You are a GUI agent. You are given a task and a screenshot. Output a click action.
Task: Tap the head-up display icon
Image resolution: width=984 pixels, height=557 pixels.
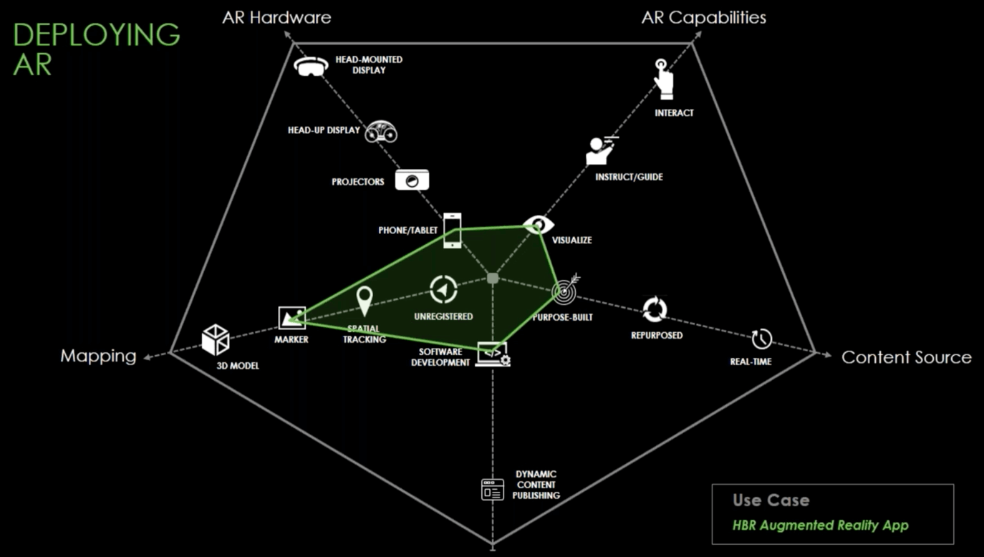click(x=381, y=132)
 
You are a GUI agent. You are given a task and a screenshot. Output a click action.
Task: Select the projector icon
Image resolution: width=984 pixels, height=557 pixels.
click(x=412, y=180)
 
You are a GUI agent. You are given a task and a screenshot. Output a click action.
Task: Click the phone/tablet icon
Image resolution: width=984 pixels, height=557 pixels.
click(x=452, y=231)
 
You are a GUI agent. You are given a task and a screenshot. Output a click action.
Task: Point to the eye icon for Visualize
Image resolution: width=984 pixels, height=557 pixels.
click(x=538, y=225)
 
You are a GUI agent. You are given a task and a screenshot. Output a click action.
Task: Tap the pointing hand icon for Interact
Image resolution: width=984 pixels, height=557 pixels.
click(x=665, y=79)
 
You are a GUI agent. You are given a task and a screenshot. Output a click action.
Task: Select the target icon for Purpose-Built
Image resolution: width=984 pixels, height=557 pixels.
click(x=565, y=290)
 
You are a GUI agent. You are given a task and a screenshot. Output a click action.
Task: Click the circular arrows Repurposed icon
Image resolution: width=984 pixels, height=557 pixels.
click(x=655, y=310)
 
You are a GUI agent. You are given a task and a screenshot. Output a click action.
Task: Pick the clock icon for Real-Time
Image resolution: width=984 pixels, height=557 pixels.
click(x=761, y=338)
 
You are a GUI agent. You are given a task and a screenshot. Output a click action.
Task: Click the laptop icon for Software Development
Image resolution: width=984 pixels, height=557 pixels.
click(x=493, y=354)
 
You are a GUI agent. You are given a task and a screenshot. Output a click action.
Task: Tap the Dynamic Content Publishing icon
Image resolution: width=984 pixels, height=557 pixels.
click(x=493, y=489)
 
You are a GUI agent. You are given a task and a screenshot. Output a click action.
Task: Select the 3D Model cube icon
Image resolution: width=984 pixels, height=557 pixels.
click(x=215, y=339)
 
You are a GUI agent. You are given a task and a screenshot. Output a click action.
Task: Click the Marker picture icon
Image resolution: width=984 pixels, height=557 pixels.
click(x=291, y=317)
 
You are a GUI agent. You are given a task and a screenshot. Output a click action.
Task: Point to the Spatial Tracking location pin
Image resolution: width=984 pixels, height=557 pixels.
click(x=365, y=301)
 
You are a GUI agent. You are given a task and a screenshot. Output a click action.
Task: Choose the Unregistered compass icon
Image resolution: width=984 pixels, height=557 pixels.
click(x=443, y=290)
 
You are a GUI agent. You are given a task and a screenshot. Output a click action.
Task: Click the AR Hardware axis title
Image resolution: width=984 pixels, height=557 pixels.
click(x=276, y=18)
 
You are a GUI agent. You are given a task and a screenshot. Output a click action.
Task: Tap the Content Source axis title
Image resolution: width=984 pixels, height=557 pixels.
click(x=906, y=357)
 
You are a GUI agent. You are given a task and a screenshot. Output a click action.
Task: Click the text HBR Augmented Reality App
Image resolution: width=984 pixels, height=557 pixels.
click(x=820, y=525)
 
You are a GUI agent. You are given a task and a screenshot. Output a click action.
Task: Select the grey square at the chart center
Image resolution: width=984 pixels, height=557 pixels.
click(x=493, y=278)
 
